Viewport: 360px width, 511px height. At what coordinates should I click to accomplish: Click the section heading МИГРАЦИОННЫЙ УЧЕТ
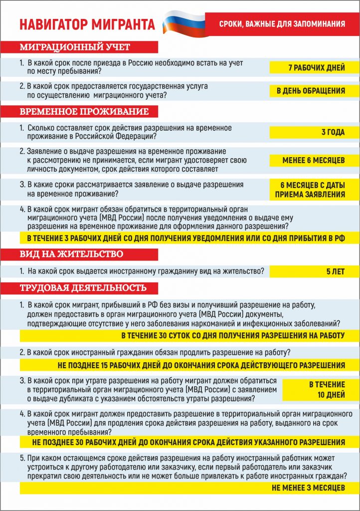pos(75,47)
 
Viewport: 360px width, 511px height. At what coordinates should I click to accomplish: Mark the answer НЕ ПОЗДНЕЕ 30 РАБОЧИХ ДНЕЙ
pos(188,442)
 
